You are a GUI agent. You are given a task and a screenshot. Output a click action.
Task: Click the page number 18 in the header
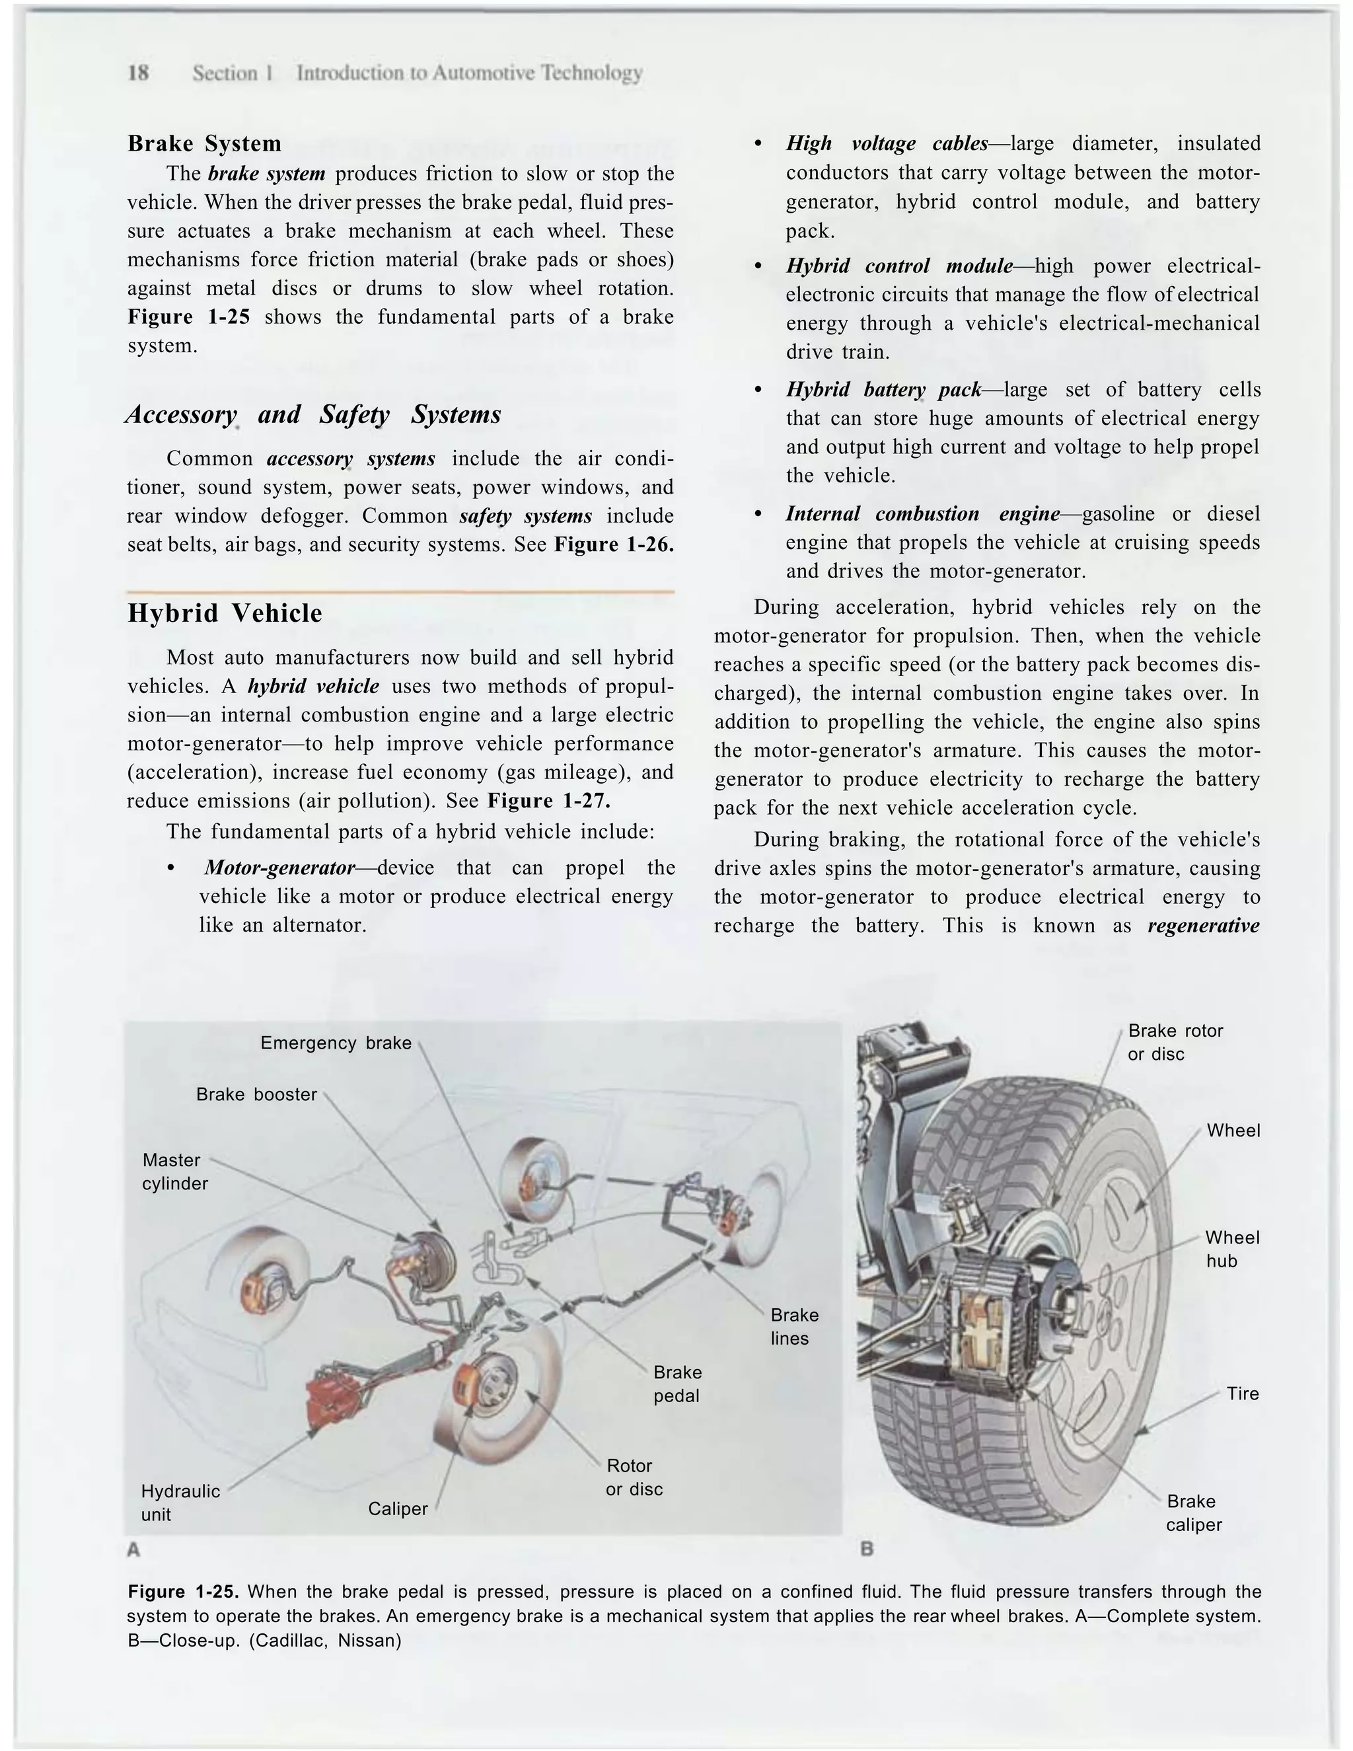coord(138,73)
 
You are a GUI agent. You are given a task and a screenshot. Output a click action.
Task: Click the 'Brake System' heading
coord(204,143)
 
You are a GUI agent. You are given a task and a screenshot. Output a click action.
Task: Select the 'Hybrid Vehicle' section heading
coord(225,613)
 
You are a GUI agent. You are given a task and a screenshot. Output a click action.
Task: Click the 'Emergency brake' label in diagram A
coord(336,1043)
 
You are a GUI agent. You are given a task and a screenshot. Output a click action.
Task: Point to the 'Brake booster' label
coord(256,1094)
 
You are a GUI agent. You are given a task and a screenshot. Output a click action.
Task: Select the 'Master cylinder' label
coord(174,1172)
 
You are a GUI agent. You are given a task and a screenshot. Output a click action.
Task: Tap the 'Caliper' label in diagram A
coord(398,1509)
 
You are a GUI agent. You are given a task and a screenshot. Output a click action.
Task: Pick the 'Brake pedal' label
coord(677,1384)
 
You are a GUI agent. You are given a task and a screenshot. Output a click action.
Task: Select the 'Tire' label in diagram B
coord(1243,1394)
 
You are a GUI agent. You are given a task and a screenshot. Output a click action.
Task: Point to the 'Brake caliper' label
coord(1194,1513)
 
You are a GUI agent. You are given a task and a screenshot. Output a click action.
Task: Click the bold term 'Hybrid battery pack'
coord(883,390)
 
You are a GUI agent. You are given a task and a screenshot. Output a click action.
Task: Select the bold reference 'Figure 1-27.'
coord(548,801)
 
